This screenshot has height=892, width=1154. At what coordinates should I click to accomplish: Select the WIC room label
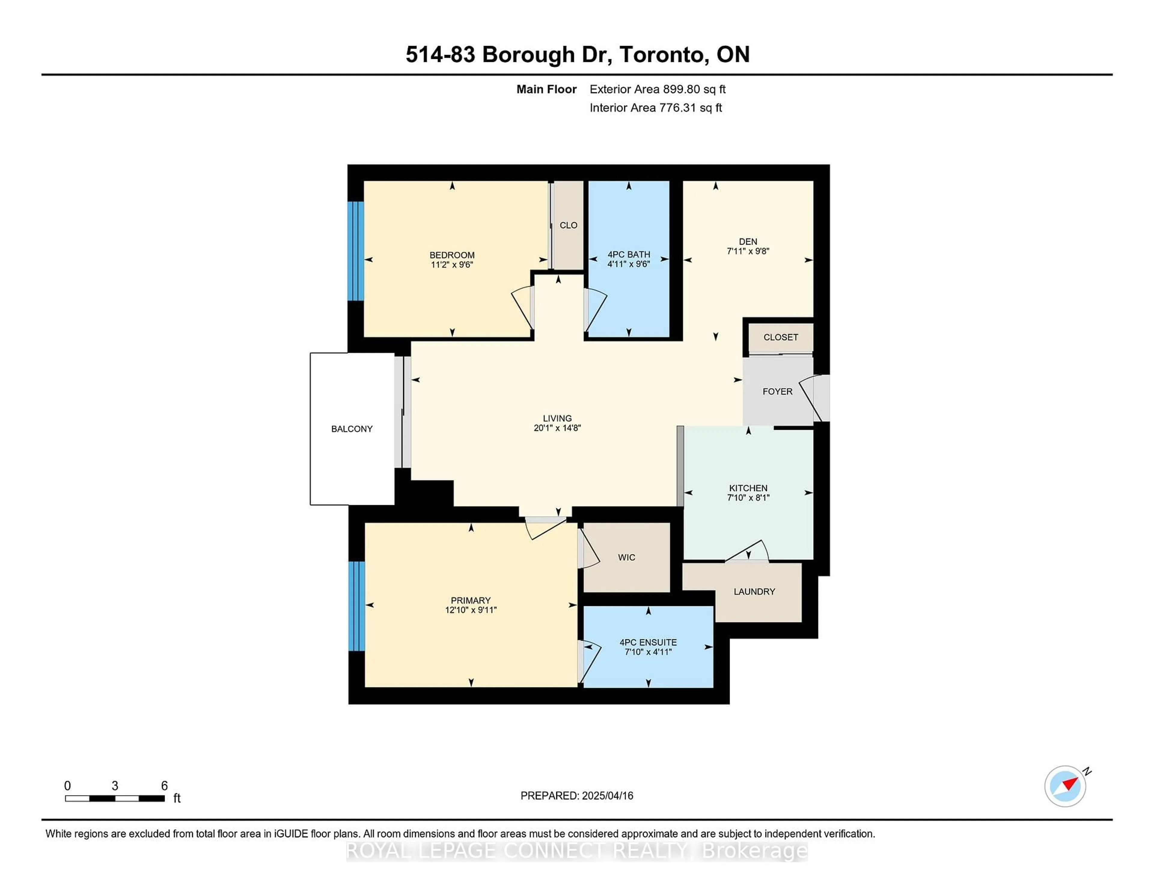coord(626,557)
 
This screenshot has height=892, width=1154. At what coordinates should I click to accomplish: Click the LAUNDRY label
coord(754,591)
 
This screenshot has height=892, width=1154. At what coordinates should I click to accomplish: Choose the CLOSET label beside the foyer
coord(780,337)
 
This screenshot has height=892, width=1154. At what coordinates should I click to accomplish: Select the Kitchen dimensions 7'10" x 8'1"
coord(748,497)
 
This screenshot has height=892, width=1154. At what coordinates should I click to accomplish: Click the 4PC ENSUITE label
coord(648,642)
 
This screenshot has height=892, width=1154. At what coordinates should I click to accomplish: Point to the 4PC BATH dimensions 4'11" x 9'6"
coord(628,264)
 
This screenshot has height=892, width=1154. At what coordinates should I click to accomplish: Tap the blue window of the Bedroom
coord(356,251)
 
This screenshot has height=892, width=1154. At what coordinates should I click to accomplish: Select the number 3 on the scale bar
coord(115,786)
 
